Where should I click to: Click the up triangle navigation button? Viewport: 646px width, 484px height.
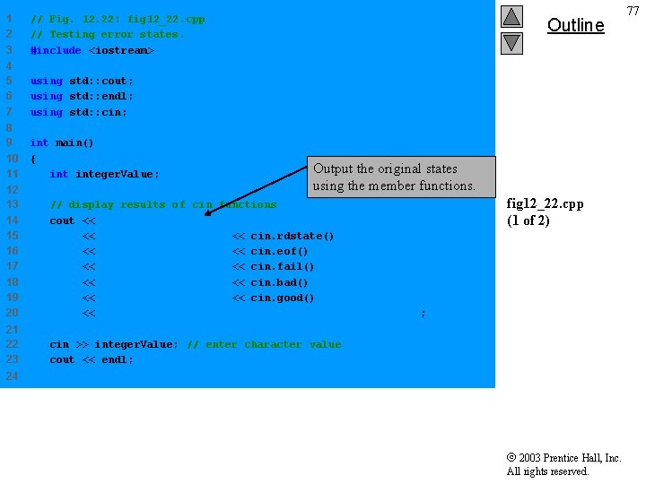(x=511, y=16)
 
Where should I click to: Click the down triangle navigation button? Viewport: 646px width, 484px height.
(x=511, y=42)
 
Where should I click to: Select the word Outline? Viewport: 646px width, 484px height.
(x=575, y=25)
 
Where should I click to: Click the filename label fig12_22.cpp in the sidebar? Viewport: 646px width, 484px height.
(x=545, y=203)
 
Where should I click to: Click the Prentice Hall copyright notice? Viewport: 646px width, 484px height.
(x=563, y=464)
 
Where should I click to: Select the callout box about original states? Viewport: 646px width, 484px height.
(x=402, y=177)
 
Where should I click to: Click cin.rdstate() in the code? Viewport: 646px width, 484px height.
(x=292, y=236)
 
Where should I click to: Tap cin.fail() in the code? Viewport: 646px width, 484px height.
(x=283, y=266)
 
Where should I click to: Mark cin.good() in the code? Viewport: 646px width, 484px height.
(x=283, y=298)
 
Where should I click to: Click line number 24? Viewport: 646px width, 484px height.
(x=12, y=376)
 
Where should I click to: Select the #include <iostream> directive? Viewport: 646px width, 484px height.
(x=92, y=50)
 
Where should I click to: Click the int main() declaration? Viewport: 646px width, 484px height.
(x=62, y=143)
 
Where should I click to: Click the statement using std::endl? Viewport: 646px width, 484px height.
(x=82, y=96)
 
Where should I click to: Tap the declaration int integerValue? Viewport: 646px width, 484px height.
(x=104, y=174)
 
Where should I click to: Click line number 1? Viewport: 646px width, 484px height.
(x=9, y=19)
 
